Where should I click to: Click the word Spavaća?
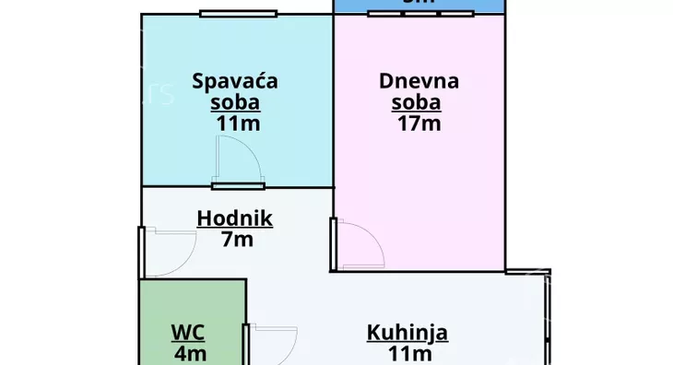(235, 81)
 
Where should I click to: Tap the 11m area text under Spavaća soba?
(235, 123)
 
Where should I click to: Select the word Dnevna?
(419, 81)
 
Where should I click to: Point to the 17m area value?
(419, 123)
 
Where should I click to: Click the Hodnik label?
(235, 218)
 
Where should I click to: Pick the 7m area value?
(237, 241)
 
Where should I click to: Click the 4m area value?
(190, 353)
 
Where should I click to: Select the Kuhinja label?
(407, 332)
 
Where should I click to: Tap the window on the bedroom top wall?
(239, 13)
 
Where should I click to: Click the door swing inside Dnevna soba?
(358, 243)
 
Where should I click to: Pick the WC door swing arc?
(271, 345)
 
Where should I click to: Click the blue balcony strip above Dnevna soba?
(419, 5)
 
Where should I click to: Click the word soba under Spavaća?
(235, 102)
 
